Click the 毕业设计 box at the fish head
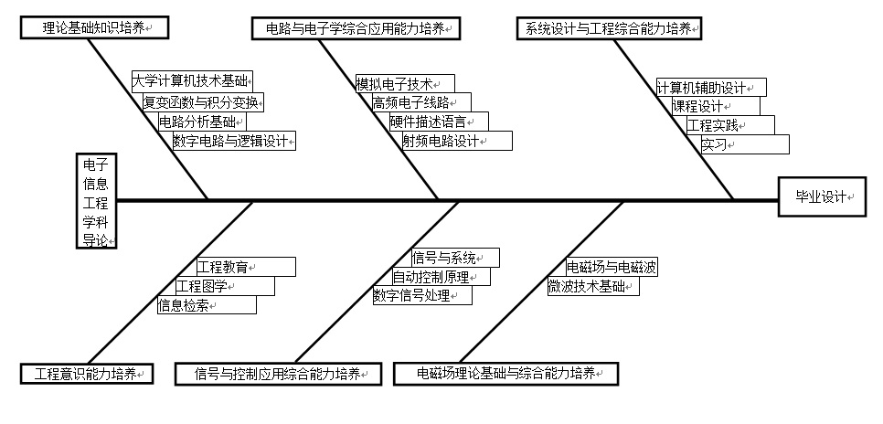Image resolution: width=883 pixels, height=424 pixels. (822, 196)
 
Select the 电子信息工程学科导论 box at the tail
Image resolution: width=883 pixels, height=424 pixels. (96, 200)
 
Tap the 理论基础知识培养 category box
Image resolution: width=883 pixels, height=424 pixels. (95, 27)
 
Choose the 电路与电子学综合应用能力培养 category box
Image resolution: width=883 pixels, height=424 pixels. (356, 28)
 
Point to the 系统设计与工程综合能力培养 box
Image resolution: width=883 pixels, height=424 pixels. (609, 28)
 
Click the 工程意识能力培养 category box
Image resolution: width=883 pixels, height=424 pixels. (87, 374)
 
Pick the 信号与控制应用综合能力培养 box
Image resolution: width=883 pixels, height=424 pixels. (278, 374)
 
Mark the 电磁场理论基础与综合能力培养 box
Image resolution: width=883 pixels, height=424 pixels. (505, 374)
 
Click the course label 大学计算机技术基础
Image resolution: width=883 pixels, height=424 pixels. (191, 80)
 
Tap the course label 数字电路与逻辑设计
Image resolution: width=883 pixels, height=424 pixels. (234, 140)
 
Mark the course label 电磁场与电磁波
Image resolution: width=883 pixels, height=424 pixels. (612, 267)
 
